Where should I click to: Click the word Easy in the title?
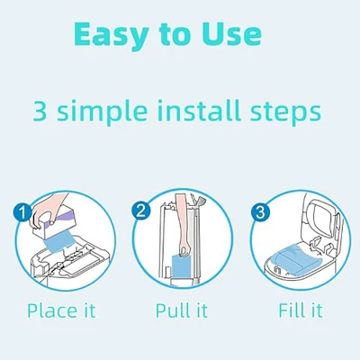(x=111, y=36)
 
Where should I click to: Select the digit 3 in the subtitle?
(x=40, y=112)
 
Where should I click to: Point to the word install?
(x=200, y=111)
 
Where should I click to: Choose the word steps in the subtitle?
(x=285, y=113)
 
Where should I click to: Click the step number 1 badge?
(x=22, y=213)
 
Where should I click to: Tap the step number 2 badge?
(x=140, y=211)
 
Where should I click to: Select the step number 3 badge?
(x=260, y=212)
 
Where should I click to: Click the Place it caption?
(x=61, y=310)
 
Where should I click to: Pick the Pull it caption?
(x=182, y=310)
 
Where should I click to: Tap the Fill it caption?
(x=301, y=310)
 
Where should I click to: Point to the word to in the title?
(x=175, y=35)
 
